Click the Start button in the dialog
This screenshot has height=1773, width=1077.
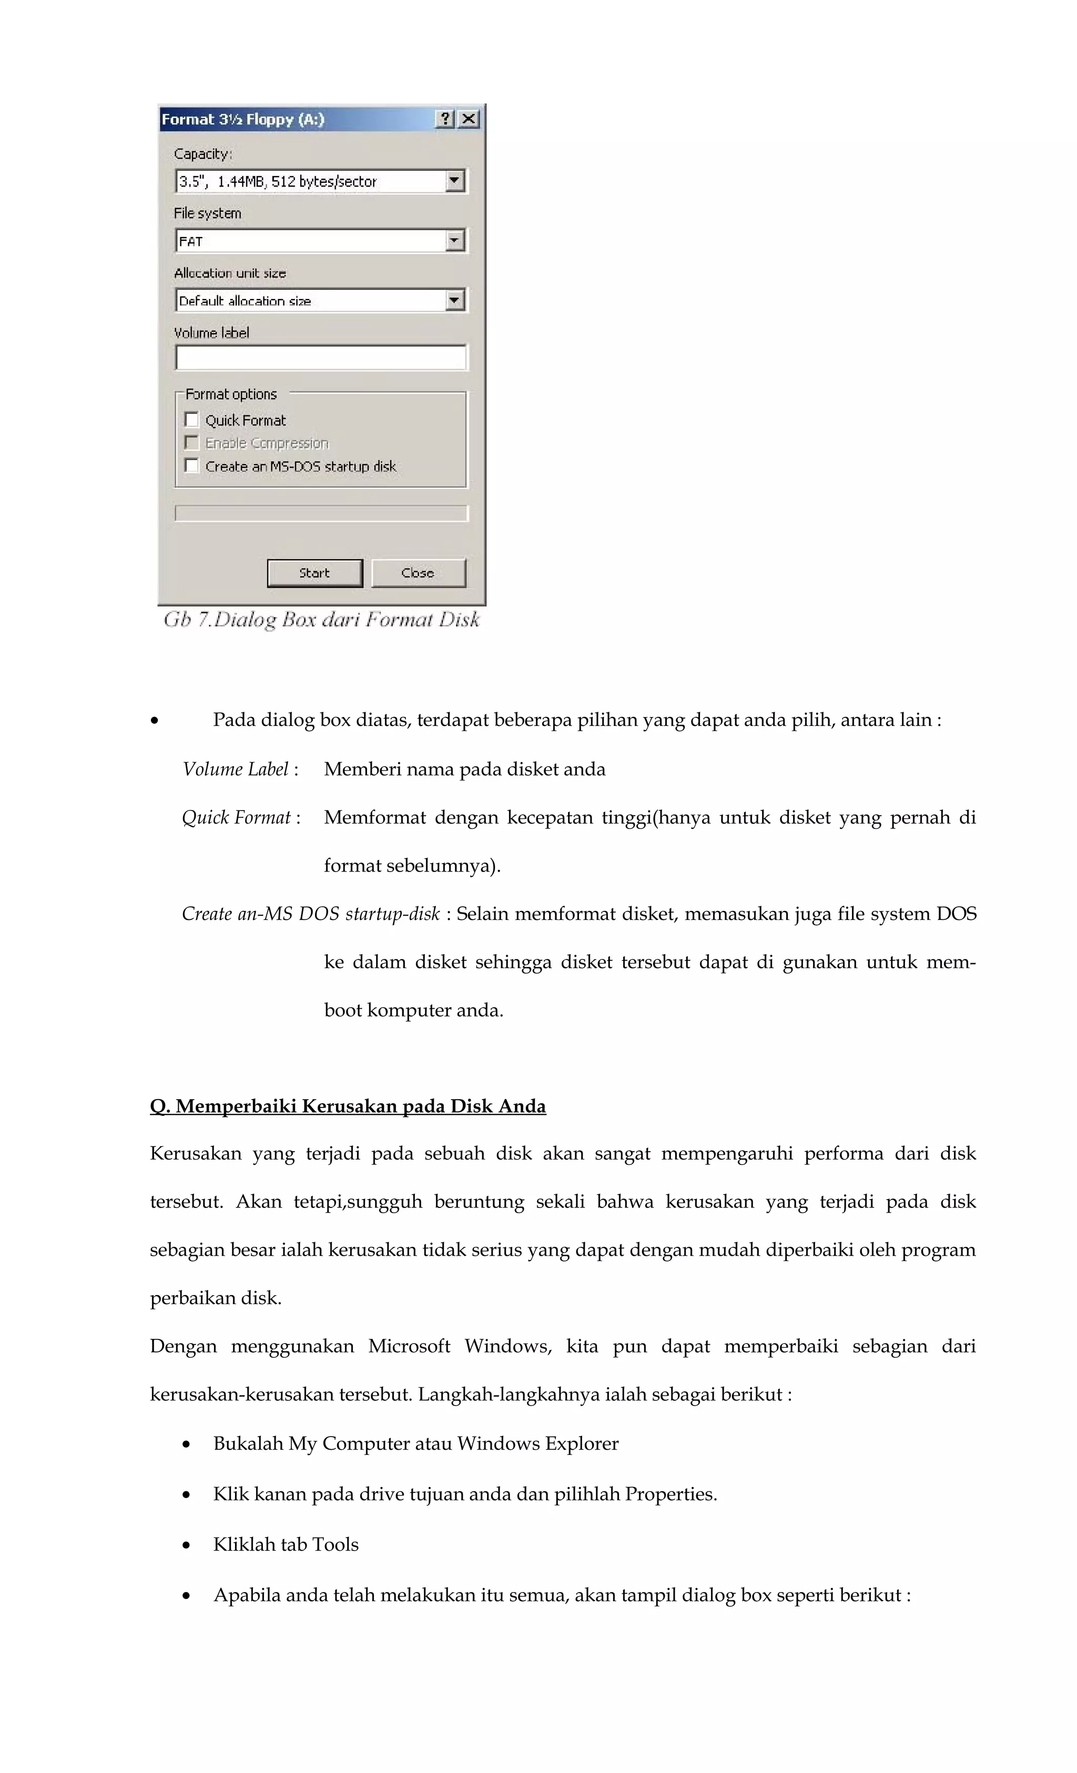314,573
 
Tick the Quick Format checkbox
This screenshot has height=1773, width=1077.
191,419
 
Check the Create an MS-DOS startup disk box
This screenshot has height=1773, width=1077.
191,466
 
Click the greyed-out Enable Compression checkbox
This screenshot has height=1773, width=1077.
191,443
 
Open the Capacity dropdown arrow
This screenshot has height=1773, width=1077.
454,181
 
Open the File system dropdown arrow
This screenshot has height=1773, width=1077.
454,240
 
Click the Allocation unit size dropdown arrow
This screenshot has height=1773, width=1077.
454,300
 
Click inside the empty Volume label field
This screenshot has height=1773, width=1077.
320,357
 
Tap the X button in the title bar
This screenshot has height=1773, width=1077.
469,119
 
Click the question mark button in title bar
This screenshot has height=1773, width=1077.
445,119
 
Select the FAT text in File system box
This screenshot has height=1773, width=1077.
191,242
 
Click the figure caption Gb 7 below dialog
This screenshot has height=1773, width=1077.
321,620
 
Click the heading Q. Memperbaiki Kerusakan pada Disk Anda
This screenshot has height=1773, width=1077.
348,1106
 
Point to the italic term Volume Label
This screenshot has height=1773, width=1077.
236,769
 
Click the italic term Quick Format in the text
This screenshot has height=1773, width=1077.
236,817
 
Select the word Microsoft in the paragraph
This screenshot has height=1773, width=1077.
409,1346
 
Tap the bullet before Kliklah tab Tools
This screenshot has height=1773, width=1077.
187,1545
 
